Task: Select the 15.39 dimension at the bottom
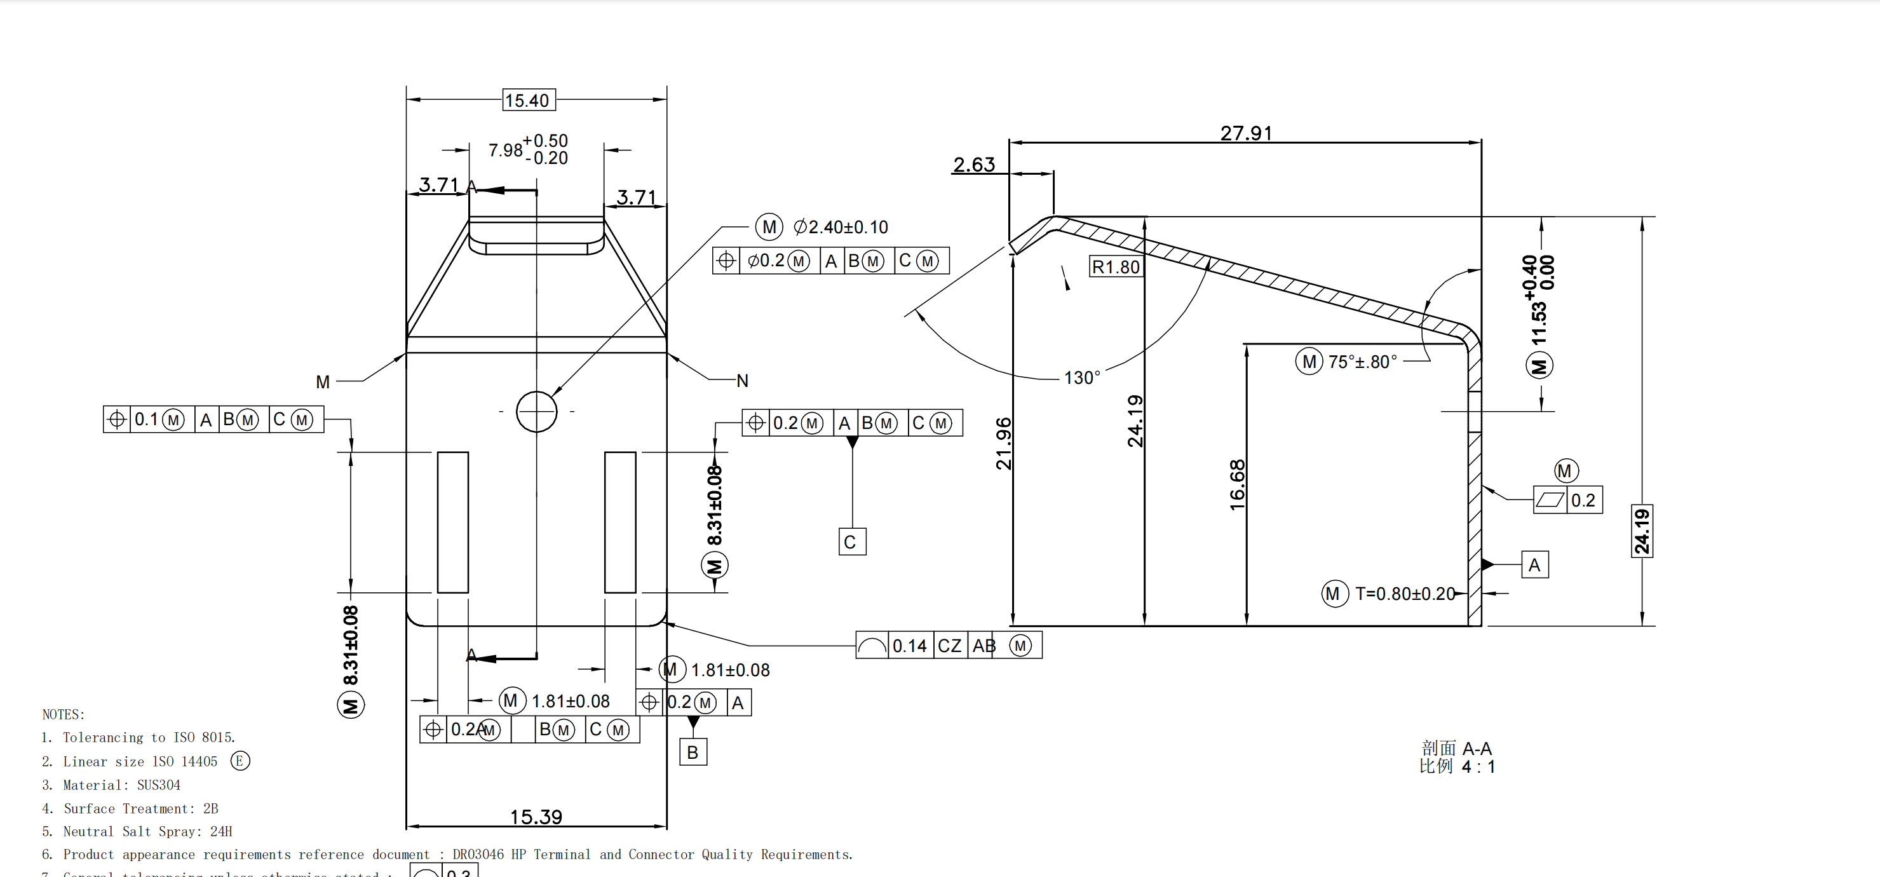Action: coord(536,817)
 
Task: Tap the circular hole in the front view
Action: coord(536,412)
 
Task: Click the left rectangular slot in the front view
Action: coord(452,522)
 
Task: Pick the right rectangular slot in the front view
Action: coord(619,522)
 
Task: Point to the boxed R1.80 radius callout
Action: coord(1115,266)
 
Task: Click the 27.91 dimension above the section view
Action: coord(1246,133)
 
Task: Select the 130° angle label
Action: coord(1081,377)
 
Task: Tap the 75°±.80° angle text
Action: coord(1362,362)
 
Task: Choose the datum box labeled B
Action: coord(693,751)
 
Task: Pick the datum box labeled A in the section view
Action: coord(1534,564)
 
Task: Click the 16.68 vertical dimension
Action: coord(1237,484)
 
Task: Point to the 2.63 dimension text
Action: coord(973,165)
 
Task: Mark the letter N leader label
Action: coord(742,381)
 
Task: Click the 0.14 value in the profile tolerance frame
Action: coord(909,646)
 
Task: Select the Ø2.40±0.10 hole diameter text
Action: coord(841,227)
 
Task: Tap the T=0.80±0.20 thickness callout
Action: coord(1404,594)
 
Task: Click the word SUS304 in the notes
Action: coord(158,785)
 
